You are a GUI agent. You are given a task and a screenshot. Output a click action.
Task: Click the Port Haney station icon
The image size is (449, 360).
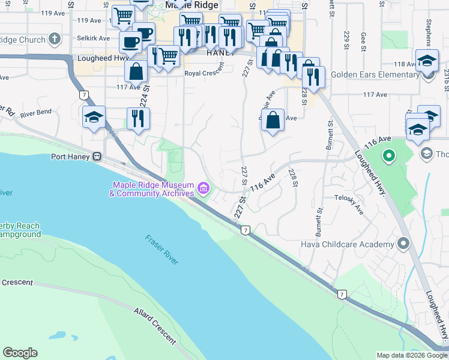96,157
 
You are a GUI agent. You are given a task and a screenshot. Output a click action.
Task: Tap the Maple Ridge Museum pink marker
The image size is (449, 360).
203,190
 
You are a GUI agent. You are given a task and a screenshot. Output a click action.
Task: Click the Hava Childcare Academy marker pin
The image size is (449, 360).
403,244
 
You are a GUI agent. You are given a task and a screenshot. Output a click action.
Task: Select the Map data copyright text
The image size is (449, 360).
411,355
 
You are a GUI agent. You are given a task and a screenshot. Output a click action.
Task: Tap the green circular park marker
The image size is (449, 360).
388,157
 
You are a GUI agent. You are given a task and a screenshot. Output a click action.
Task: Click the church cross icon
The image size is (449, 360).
55,40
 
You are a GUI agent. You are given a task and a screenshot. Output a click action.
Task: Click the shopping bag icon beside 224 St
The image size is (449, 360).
137,71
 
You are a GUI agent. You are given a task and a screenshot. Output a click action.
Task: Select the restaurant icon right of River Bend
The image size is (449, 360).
138,118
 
